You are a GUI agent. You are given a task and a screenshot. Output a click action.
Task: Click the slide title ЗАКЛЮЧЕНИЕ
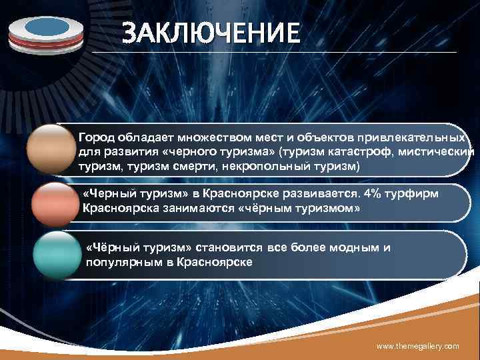(x=211, y=33)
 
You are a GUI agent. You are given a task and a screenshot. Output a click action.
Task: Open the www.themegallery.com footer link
(x=418, y=347)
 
